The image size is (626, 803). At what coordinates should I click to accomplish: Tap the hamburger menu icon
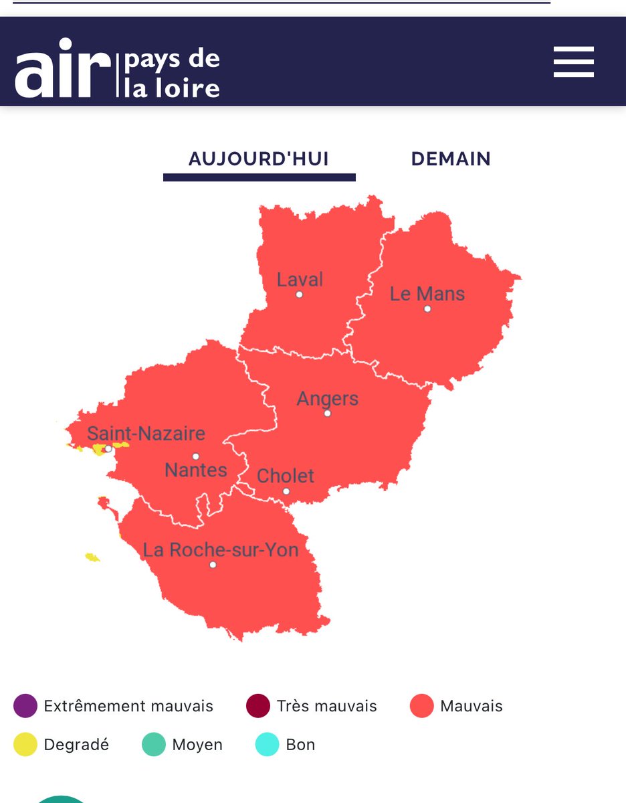coord(573,62)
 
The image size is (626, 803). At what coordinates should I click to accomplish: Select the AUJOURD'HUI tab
coord(259,159)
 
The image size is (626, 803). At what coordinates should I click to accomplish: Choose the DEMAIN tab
coord(451,159)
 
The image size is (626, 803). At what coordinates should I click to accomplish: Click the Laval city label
coord(300,279)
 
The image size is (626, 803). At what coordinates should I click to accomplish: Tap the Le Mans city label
coord(427,294)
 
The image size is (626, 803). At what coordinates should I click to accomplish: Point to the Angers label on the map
coord(328,399)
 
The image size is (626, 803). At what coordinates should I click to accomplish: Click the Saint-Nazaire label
coord(146,434)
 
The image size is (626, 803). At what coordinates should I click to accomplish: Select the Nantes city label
coord(196,470)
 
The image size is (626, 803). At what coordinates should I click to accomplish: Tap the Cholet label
coord(286,476)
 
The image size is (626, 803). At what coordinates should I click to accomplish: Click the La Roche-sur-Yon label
coord(221,550)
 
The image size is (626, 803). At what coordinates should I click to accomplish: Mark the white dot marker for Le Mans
coord(427,309)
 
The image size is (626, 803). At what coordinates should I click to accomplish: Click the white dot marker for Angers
coord(327,414)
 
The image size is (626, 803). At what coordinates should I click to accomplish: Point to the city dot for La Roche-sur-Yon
coord(213,565)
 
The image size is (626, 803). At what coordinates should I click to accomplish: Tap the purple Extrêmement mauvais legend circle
coord(25,706)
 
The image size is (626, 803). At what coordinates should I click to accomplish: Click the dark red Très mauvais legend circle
coord(257,706)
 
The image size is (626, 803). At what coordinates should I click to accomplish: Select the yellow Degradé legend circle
coord(25,745)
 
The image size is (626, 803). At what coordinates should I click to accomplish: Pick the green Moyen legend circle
coord(153,745)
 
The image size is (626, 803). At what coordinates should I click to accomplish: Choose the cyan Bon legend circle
coord(267,745)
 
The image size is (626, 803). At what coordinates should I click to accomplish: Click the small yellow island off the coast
coord(92,557)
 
